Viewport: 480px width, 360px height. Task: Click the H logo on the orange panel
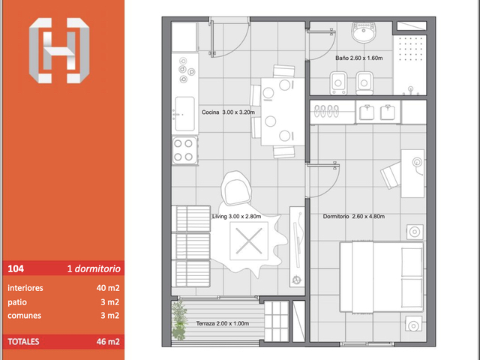click(59, 50)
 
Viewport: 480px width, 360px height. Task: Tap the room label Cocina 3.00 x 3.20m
click(228, 112)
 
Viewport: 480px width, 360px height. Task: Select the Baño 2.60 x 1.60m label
click(358, 58)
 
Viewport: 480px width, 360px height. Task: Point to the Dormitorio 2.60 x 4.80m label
click(354, 217)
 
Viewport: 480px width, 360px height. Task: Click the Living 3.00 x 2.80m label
click(237, 217)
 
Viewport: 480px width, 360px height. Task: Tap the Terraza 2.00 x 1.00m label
click(223, 323)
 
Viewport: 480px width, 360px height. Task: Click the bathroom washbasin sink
click(363, 32)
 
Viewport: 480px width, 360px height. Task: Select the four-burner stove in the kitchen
click(184, 150)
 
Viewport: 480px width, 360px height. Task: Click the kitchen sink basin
click(185, 114)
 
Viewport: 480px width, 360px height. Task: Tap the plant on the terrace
click(179, 320)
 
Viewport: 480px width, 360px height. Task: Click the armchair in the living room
click(236, 187)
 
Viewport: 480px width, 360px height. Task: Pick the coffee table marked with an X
click(249, 241)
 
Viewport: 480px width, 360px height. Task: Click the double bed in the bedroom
click(382, 277)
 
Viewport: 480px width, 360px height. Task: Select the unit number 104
click(16, 268)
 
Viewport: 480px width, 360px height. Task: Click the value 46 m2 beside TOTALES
click(108, 342)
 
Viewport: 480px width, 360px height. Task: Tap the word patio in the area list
click(17, 302)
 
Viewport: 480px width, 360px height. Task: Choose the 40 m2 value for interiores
click(108, 288)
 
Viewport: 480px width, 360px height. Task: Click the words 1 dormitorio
click(94, 268)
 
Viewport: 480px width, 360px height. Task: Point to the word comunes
click(25, 316)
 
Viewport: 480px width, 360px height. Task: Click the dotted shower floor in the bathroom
click(410, 65)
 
